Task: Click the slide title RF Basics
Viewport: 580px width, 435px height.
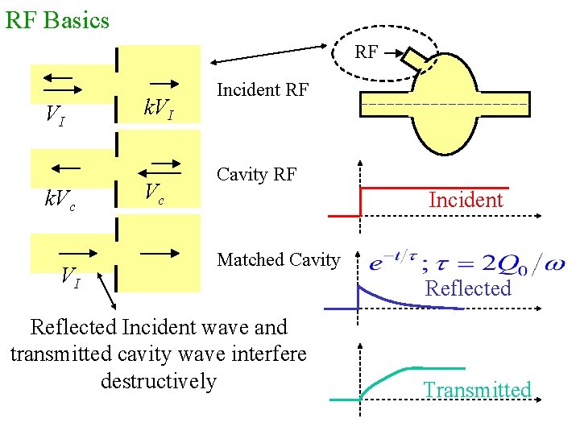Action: [57, 19]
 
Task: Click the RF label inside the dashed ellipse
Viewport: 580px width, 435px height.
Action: [366, 52]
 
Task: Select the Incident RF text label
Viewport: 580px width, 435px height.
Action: [263, 89]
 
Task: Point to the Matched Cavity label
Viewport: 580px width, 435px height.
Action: [279, 259]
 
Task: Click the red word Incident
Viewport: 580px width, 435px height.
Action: [466, 200]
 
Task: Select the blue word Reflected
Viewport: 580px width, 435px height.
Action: [468, 288]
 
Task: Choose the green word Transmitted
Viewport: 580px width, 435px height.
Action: [478, 390]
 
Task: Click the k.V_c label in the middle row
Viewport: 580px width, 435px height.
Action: [60, 198]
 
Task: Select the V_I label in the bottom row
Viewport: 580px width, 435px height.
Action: [71, 278]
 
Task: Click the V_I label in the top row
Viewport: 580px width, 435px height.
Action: [55, 117]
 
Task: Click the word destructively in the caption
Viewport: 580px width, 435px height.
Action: [159, 380]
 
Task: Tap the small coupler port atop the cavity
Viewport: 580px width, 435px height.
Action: [418, 59]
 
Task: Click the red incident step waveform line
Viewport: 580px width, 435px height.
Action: [435, 188]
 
